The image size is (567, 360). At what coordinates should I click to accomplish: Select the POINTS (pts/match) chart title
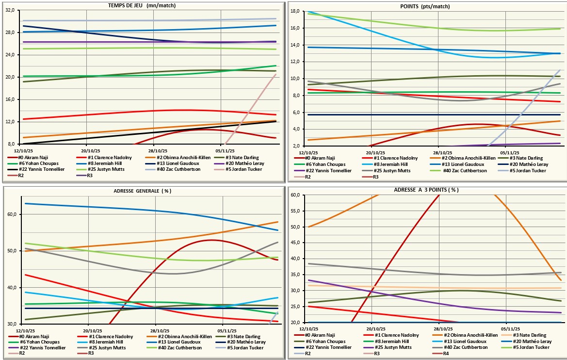[425, 6]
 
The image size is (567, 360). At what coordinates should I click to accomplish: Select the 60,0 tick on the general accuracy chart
[10, 214]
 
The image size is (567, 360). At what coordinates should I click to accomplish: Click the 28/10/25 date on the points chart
[438, 151]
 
